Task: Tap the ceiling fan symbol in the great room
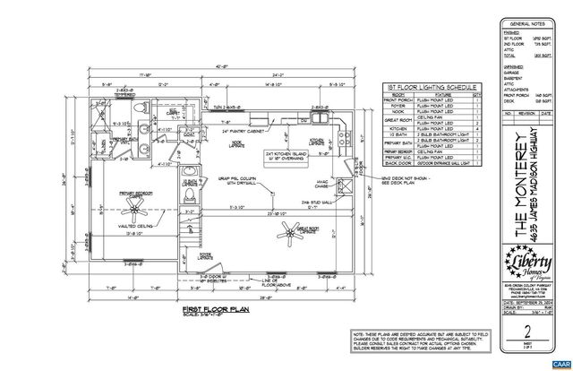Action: (x=289, y=234)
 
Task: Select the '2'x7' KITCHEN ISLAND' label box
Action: (x=281, y=159)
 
